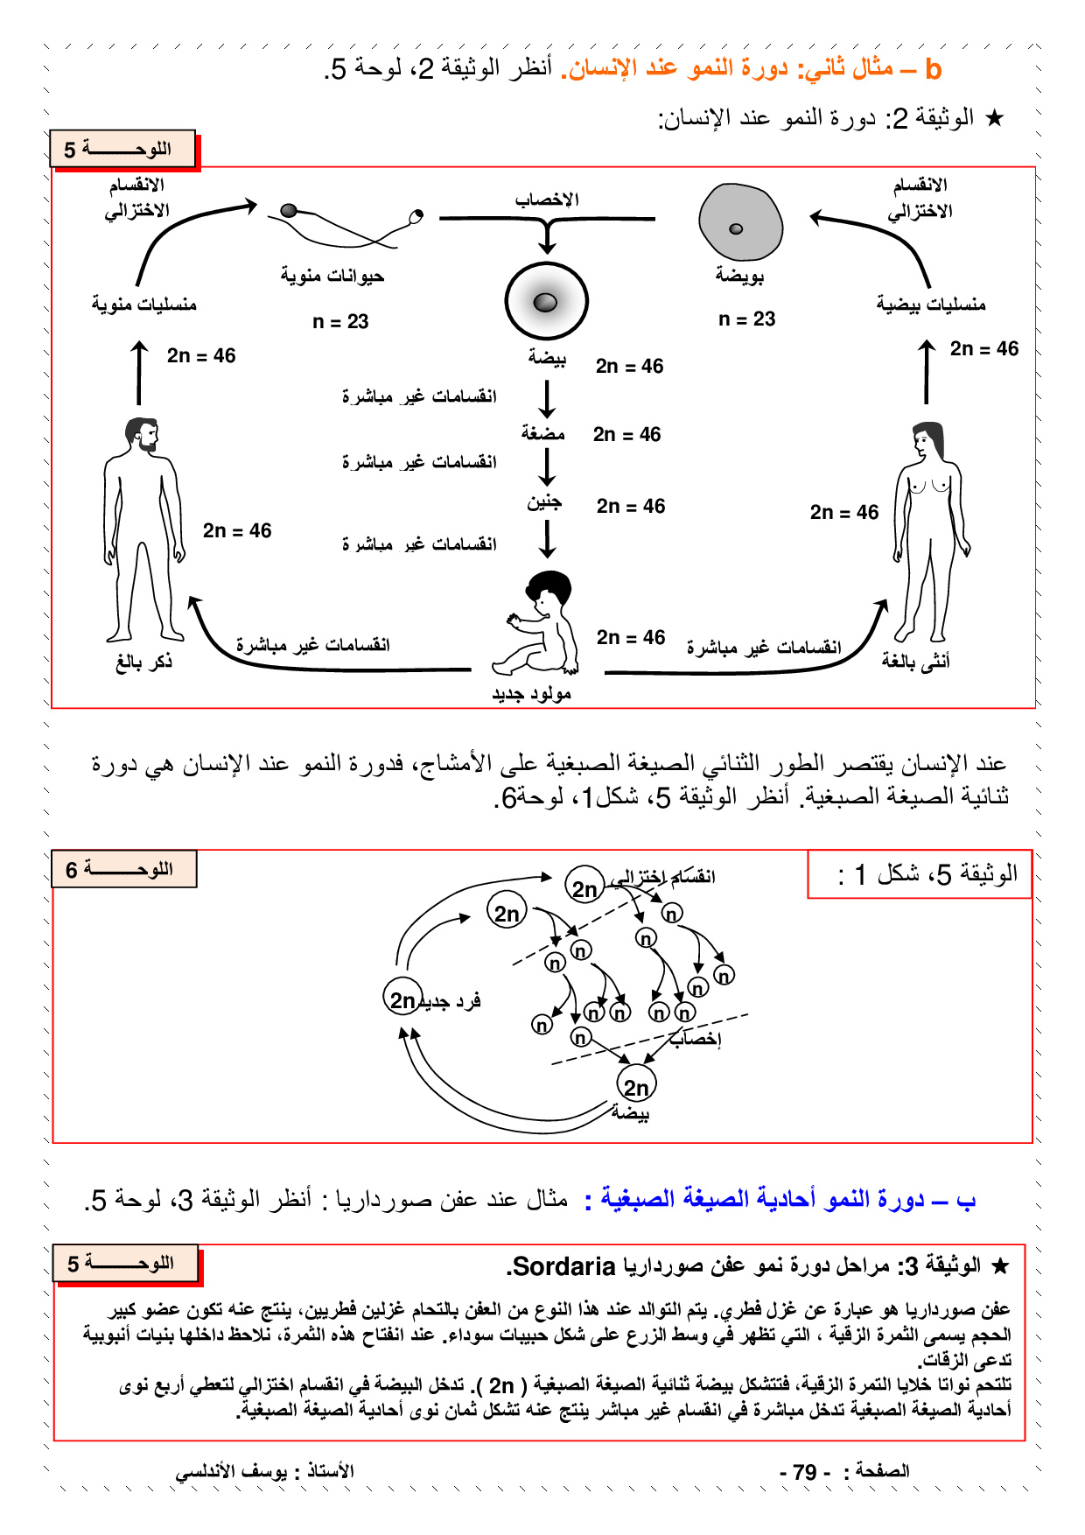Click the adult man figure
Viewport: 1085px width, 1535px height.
click(143, 529)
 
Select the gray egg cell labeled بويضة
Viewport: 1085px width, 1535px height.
click(740, 224)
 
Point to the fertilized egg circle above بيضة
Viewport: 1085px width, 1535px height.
click(546, 302)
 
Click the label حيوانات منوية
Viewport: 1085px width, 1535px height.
click(332, 277)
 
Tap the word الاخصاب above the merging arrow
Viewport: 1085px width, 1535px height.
click(547, 200)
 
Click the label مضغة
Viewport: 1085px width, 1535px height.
click(542, 433)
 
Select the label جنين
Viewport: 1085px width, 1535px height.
click(543, 503)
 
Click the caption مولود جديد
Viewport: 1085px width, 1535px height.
click(531, 694)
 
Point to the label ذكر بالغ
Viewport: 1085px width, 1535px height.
click(143, 662)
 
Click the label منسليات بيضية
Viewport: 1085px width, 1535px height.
click(931, 305)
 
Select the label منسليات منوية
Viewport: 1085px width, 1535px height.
click(144, 305)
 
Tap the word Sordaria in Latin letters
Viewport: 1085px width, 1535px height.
click(564, 1266)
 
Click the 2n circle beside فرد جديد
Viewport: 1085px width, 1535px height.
click(402, 999)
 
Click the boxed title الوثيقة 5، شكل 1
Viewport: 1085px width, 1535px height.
click(919, 873)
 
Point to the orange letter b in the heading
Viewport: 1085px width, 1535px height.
click(933, 69)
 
